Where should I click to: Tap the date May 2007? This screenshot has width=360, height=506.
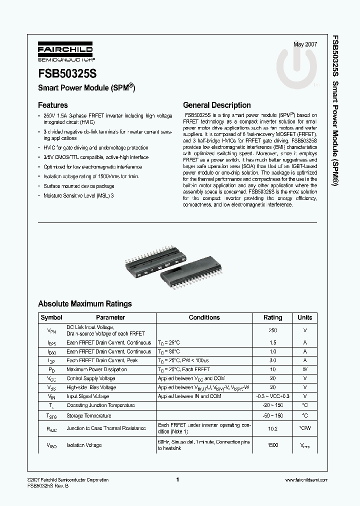(305, 44)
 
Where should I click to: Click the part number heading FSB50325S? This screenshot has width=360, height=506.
(68, 72)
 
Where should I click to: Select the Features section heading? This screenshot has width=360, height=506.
(53, 105)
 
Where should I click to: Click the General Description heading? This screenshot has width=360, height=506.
(217, 105)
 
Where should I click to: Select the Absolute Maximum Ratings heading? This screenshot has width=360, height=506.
(85, 303)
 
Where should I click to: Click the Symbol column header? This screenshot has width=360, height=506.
(51, 317)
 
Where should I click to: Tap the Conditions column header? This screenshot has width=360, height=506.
(204, 317)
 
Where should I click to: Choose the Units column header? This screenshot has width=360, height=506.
(304, 317)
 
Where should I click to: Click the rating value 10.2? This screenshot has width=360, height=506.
(272, 428)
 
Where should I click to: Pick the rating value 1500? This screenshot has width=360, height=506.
(272, 445)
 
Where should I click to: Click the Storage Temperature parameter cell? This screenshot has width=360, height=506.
(88, 415)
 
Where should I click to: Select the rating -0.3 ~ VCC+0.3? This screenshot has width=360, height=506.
(272, 396)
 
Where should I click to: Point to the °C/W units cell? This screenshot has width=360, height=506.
(304, 428)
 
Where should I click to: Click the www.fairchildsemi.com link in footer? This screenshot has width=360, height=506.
(302, 480)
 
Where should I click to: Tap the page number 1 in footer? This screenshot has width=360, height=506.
(178, 480)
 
